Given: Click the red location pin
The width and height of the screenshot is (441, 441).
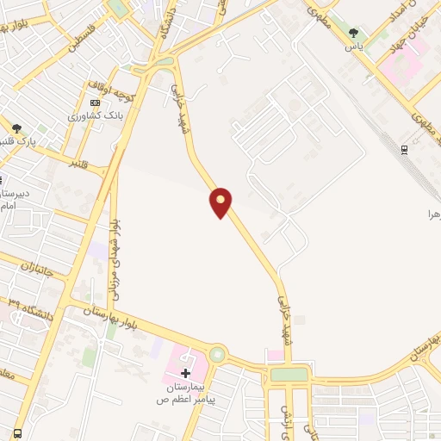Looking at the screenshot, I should coord(221,202).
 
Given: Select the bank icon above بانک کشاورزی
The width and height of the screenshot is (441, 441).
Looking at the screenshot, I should coord(95,102).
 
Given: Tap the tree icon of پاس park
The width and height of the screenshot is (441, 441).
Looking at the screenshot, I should coord(353,34).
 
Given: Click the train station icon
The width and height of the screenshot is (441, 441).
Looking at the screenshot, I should coord(405,149).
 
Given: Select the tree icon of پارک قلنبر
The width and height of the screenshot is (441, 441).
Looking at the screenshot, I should coord(16,127).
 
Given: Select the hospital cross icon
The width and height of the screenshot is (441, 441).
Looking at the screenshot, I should coord(185,373).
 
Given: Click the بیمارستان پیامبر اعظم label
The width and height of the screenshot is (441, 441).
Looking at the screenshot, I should coord(184,394).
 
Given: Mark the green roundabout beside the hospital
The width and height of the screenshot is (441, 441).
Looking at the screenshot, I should coord(217,354).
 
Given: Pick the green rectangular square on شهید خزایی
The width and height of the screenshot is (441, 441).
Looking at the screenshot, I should coord(289,375).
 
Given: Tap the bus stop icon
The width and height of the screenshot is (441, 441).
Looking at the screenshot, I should coord(17,433).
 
